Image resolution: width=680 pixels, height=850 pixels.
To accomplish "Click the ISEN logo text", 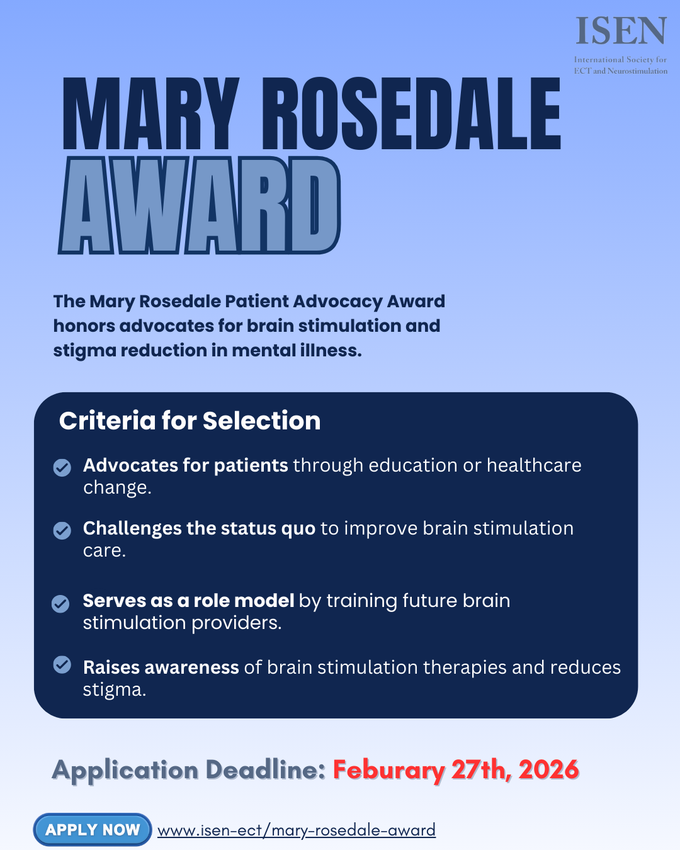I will (x=621, y=31).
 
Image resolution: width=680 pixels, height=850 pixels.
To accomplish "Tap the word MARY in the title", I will (x=151, y=114).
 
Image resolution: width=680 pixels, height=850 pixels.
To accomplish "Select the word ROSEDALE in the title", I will (x=411, y=114).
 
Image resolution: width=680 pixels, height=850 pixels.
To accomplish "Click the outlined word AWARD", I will (x=200, y=205).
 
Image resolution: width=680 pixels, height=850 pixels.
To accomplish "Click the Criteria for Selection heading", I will (x=190, y=421).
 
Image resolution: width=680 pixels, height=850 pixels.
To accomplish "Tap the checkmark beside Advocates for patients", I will (x=62, y=467).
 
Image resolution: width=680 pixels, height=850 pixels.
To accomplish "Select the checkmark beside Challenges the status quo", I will (x=62, y=530).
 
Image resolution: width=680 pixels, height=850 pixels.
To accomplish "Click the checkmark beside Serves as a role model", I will (x=60, y=604).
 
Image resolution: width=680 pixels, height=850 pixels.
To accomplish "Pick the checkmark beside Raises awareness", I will (x=62, y=664).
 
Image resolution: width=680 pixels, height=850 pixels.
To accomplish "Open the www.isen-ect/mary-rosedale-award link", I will (x=296, y=830).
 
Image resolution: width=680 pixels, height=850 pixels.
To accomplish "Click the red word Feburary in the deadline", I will (x=388, y=770).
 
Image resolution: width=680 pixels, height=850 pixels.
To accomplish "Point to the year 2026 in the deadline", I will (x=548, y=769).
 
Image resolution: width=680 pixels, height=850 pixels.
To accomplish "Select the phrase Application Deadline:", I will (x=188, y=770).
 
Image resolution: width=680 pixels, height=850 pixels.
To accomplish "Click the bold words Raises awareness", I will (x=161, y=667).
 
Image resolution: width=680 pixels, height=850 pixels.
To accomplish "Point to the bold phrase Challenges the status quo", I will (x=199, y=528).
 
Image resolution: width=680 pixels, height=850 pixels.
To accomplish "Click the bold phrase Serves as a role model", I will (x=188, y=601).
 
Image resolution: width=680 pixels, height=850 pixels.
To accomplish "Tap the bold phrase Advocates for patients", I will (x=186, y=465).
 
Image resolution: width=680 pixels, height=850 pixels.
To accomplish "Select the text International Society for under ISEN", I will (x=620, y=60).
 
